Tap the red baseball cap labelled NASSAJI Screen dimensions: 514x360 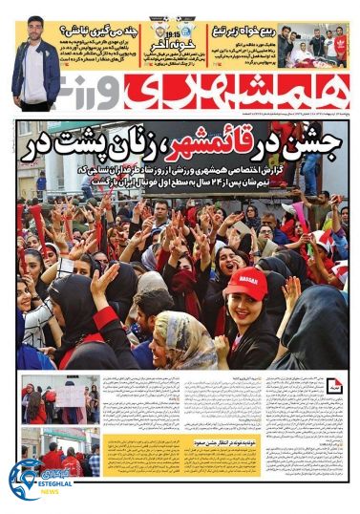tap(245, 284)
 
